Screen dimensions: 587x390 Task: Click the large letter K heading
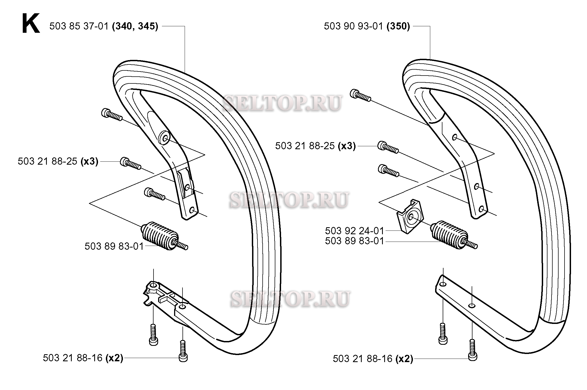31,24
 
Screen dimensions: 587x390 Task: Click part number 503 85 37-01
79,26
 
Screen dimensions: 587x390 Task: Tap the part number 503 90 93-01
354,26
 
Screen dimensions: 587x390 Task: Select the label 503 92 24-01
355,231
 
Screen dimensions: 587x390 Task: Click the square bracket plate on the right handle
409,216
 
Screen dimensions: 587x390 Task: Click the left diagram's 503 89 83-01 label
114,246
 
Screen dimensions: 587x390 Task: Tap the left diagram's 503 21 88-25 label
48,161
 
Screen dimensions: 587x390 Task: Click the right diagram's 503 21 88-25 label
305,146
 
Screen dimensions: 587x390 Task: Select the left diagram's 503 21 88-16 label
73,358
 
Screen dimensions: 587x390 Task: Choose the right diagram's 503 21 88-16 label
363,359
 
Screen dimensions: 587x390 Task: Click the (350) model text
398,26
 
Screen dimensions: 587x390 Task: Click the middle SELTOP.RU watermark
289,200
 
